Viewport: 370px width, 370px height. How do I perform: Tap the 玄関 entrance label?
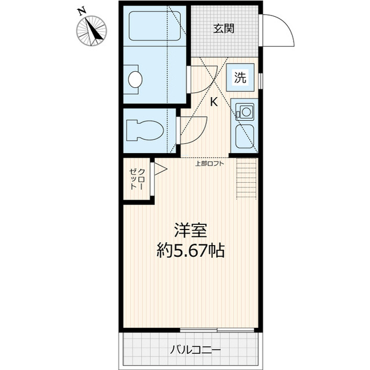[x=223, y=28]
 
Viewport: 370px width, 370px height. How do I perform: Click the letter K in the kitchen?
[x=213, y=103]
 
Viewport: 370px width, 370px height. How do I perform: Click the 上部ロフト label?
[x=209, y=164]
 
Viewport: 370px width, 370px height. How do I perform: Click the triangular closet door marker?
[x=160, y=169]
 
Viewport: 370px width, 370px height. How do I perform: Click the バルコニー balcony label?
[x=191, y=350]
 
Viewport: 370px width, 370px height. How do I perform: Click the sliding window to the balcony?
[x=217, y=330]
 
